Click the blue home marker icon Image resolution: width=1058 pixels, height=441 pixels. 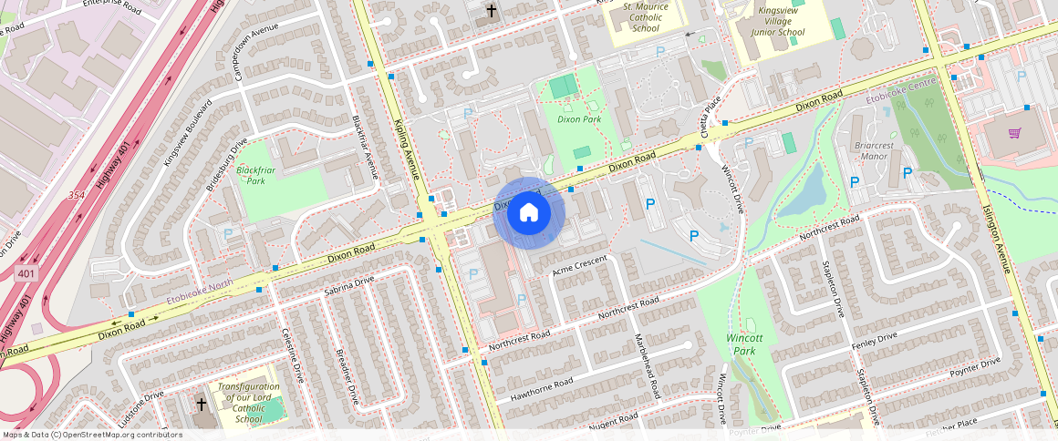[529, 212]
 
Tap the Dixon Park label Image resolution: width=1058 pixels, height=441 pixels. [579, 119]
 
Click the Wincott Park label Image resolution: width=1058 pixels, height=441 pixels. [744, 344]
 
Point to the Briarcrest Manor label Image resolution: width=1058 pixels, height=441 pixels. [861, 150]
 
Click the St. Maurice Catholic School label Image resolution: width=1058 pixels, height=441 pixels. [646, 17]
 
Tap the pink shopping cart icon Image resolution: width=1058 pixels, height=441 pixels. [1014, 133]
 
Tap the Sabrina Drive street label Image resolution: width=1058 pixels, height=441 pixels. [349, 287]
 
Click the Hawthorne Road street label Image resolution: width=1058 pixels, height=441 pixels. [542, 388]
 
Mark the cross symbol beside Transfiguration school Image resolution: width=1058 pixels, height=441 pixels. [202, 404]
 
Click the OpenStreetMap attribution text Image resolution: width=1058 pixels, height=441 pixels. [92, 435]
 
